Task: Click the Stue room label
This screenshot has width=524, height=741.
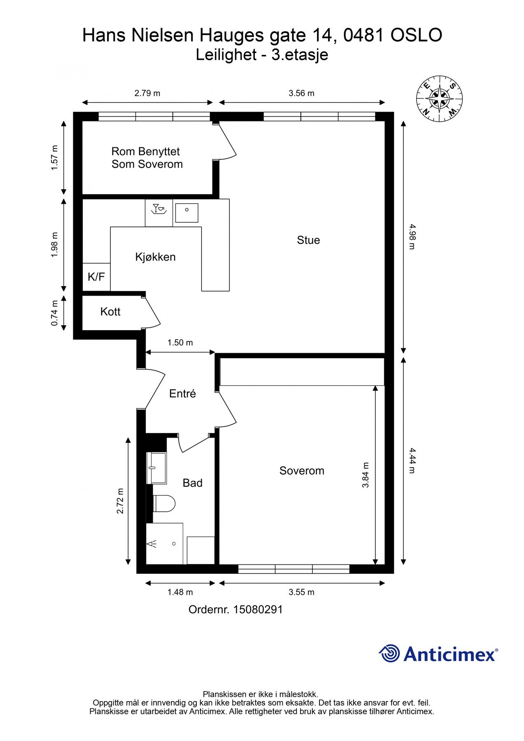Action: click(308, 240)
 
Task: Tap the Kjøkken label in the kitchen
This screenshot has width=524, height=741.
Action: click(156, 257)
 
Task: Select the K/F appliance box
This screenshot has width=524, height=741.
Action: click(96, 277)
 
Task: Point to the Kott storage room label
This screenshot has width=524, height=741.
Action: click(110, 312)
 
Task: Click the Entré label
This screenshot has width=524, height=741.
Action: click(182, 394)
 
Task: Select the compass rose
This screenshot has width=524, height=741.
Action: click(439, 99)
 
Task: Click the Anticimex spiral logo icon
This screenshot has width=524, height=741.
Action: click(389, 654)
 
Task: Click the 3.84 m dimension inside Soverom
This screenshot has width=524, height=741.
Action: click(366, 475)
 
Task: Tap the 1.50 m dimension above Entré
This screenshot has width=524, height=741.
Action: click(180, 343)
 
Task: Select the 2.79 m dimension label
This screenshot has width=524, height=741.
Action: click(147, 93)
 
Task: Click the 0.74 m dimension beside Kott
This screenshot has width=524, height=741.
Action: click(54, 313)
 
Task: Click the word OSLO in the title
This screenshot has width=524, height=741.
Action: click(416, 35)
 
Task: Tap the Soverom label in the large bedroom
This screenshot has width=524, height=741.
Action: click(302, 471)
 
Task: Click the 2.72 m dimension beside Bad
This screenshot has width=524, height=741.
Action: click(120, 501)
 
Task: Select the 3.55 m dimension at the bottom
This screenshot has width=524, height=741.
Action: click(301, 592)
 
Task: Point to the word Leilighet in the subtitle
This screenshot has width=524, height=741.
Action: click(226, 55)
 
